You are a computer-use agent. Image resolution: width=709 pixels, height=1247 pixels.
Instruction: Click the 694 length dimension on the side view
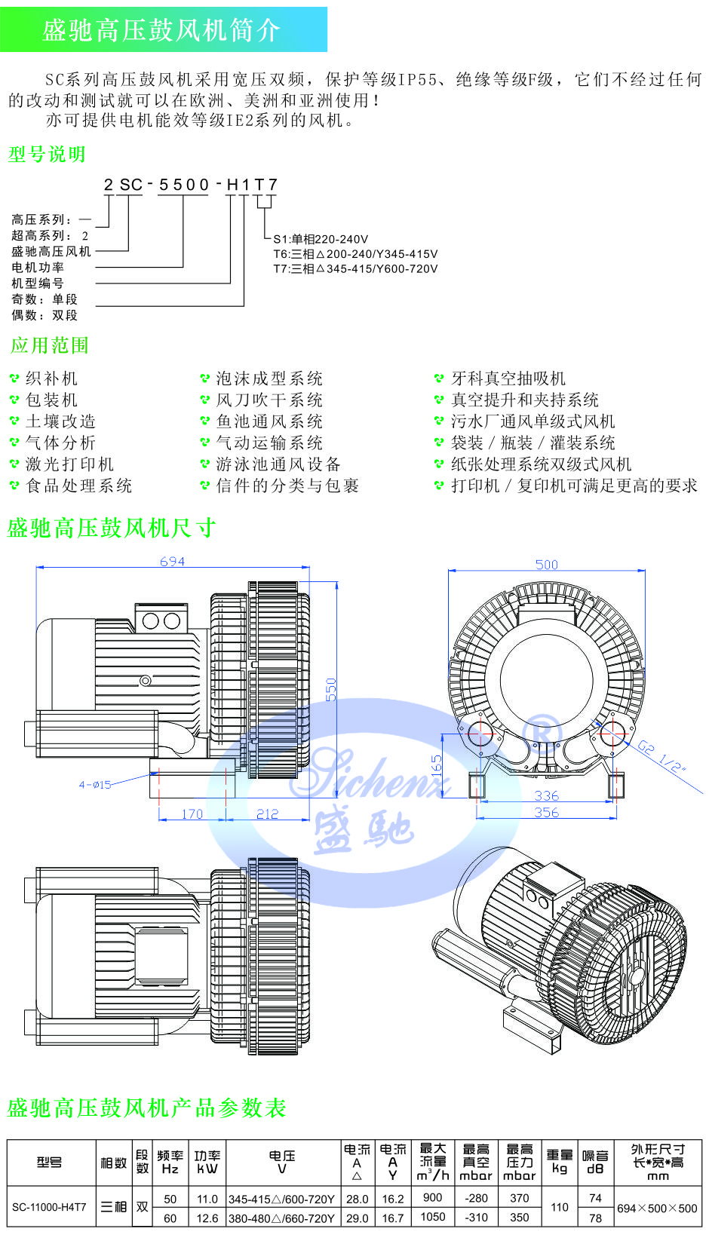(x=172, y=562)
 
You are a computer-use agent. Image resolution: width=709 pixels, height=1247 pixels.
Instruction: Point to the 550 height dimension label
(x=331, y=689)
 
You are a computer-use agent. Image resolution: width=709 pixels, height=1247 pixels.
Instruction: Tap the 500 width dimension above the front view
(x=547, y=565)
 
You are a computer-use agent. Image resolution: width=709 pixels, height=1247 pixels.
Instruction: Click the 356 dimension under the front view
(x=547, y=813)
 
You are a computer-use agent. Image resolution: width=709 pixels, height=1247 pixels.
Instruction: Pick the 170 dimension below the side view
(x=192, y=814)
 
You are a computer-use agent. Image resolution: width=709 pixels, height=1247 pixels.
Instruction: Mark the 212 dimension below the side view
(x=268, y=814)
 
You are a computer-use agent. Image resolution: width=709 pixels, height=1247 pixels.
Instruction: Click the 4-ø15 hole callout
(x=95, y=785)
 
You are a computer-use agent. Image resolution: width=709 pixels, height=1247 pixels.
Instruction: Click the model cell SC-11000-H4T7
(x=50, y=1207)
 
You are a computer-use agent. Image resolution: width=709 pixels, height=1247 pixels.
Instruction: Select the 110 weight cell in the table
(x=560, y=1207)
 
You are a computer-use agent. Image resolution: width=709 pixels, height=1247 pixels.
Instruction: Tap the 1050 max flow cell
(x=433, y=1217)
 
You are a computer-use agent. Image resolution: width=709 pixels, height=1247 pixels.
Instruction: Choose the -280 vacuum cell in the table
(x=476, y=1197)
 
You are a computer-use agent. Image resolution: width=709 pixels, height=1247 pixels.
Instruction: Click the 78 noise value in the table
(x=596, y=1218)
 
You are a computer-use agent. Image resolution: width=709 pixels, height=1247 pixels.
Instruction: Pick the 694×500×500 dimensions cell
(x=657, y=1208)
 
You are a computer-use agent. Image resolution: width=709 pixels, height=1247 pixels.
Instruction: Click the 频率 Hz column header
(x=170, y=1162)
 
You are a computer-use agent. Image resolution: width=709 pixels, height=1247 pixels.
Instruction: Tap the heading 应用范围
(x=50, y=346)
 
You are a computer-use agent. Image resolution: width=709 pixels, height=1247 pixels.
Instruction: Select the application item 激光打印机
(x=69, y=464)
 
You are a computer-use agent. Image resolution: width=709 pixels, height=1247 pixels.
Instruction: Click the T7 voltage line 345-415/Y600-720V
(x=355, y=269)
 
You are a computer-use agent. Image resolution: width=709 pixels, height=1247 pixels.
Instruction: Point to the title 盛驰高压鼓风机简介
(x=161, y=30)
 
